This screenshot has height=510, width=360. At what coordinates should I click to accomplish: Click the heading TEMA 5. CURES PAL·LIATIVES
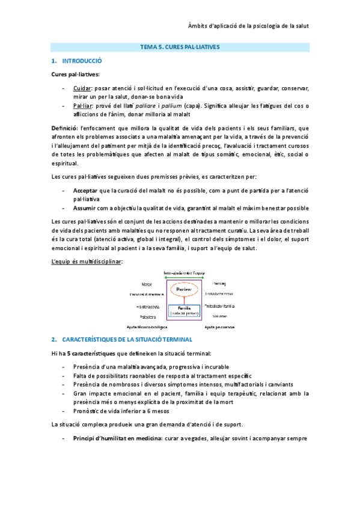(x=180, y=46)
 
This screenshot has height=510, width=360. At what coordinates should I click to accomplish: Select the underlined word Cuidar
(x=82, y=88)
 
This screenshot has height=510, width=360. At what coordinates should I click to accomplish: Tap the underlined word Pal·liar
(x=83, y=105)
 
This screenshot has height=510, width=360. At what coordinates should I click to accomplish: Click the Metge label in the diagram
(x=147, y=283)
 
